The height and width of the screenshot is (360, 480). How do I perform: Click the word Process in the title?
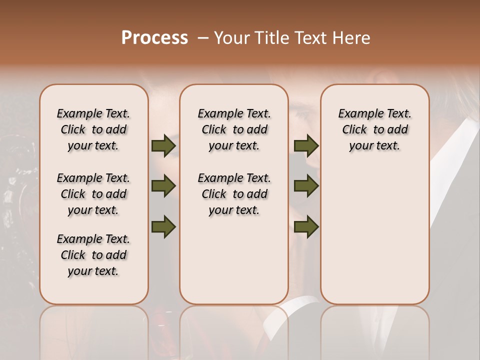[x=154, y=37]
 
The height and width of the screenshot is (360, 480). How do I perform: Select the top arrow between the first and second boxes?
[x=163, y=146]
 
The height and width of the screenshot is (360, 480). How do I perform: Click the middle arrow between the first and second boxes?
[x=163, y=186]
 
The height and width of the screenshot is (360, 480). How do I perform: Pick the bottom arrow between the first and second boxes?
[x=163, y=226]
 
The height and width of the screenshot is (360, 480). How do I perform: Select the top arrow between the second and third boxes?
[x=306, y=146]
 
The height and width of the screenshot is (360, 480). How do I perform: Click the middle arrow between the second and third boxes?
[x=306, y=186]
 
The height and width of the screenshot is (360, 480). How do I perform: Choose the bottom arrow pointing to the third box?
[x=306, y=226]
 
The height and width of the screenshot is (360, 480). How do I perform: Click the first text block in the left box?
[x=93, y=129]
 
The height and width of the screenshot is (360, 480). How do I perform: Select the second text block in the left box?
[x=93, y=194]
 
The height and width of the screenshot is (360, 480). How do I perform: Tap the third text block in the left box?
[x=93, y=255]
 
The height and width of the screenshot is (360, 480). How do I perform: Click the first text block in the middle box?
[x=234, y=129]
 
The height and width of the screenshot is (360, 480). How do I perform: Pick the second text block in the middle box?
[x=234, y=194]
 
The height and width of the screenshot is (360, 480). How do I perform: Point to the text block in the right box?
[x=374, y=129]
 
